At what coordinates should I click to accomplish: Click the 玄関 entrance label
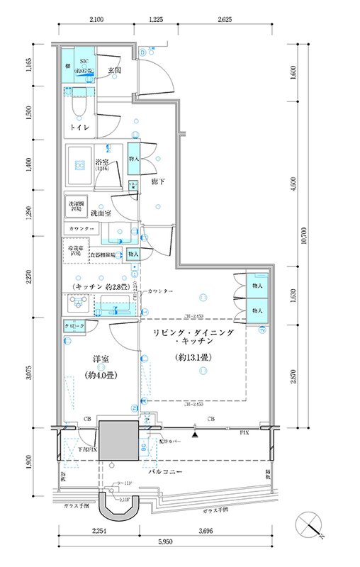(114, 70)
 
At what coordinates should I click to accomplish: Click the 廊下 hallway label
(158, 182)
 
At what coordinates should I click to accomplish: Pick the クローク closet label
(74, 325)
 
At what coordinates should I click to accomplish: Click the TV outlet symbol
(261, 330)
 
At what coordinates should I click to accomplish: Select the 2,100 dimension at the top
(97, 19)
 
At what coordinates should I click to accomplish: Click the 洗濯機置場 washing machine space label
(76, 206)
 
